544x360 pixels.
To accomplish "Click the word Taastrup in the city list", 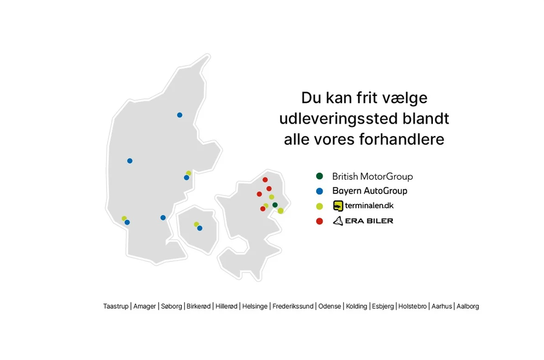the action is point(116,306).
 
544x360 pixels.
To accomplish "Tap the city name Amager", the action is point(144,306).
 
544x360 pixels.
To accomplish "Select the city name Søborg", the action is point(171,306).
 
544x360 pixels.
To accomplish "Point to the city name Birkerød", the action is point(198,306).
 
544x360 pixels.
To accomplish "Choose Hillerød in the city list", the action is point(226,306).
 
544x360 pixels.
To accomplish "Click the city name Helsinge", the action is point(254,306).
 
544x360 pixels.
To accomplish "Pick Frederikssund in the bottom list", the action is point(293,306).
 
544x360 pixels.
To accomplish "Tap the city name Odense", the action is point(330,306).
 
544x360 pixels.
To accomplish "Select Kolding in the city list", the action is point(356,306).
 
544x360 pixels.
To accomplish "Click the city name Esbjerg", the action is point(382,306).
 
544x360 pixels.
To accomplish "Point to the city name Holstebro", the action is point(413,306).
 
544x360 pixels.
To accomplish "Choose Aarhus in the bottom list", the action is point(441,306).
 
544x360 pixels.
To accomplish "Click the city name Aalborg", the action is point(467,306).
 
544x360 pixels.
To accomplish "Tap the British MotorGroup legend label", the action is point(373,176).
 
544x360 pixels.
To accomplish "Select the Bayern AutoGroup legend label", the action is point(370,190).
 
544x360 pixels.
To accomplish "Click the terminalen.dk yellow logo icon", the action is point(338,206).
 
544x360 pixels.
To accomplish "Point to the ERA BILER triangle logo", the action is point(338,221).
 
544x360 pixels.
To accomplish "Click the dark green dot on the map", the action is point(275,205).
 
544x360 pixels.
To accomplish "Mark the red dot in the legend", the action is point(320,221).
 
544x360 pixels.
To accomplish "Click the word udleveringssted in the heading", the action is point(338,118).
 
